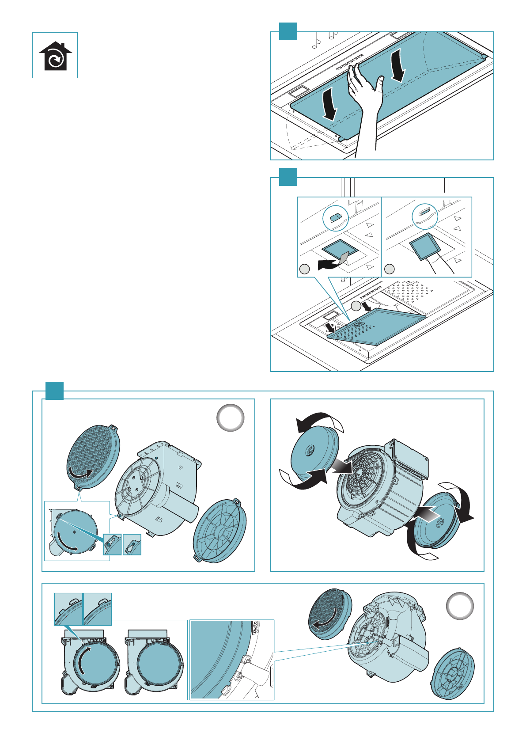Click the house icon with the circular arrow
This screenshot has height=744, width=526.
click(55, 56)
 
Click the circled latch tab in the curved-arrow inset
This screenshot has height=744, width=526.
click(336, 217)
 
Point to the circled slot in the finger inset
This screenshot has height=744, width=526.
click(424, 215)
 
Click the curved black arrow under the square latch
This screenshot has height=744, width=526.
click(329, 264)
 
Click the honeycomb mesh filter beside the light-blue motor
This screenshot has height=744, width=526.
click(92, 456)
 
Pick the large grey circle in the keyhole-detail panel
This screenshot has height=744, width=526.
click(231, 418)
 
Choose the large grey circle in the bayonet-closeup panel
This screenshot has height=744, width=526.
click(460, 606)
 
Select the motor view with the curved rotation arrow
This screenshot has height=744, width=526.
click(90, 660)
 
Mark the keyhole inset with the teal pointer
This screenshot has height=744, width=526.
click(112, 544)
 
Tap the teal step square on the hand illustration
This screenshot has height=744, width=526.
click(288, 31)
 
